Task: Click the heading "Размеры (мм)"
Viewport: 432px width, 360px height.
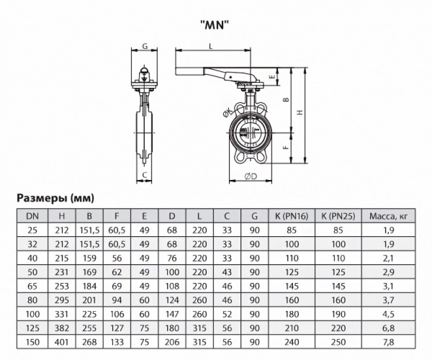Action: [55, 197]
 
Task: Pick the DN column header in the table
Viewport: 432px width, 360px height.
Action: [32, 215]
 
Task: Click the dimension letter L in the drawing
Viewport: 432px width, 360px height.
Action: [210, 45]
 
